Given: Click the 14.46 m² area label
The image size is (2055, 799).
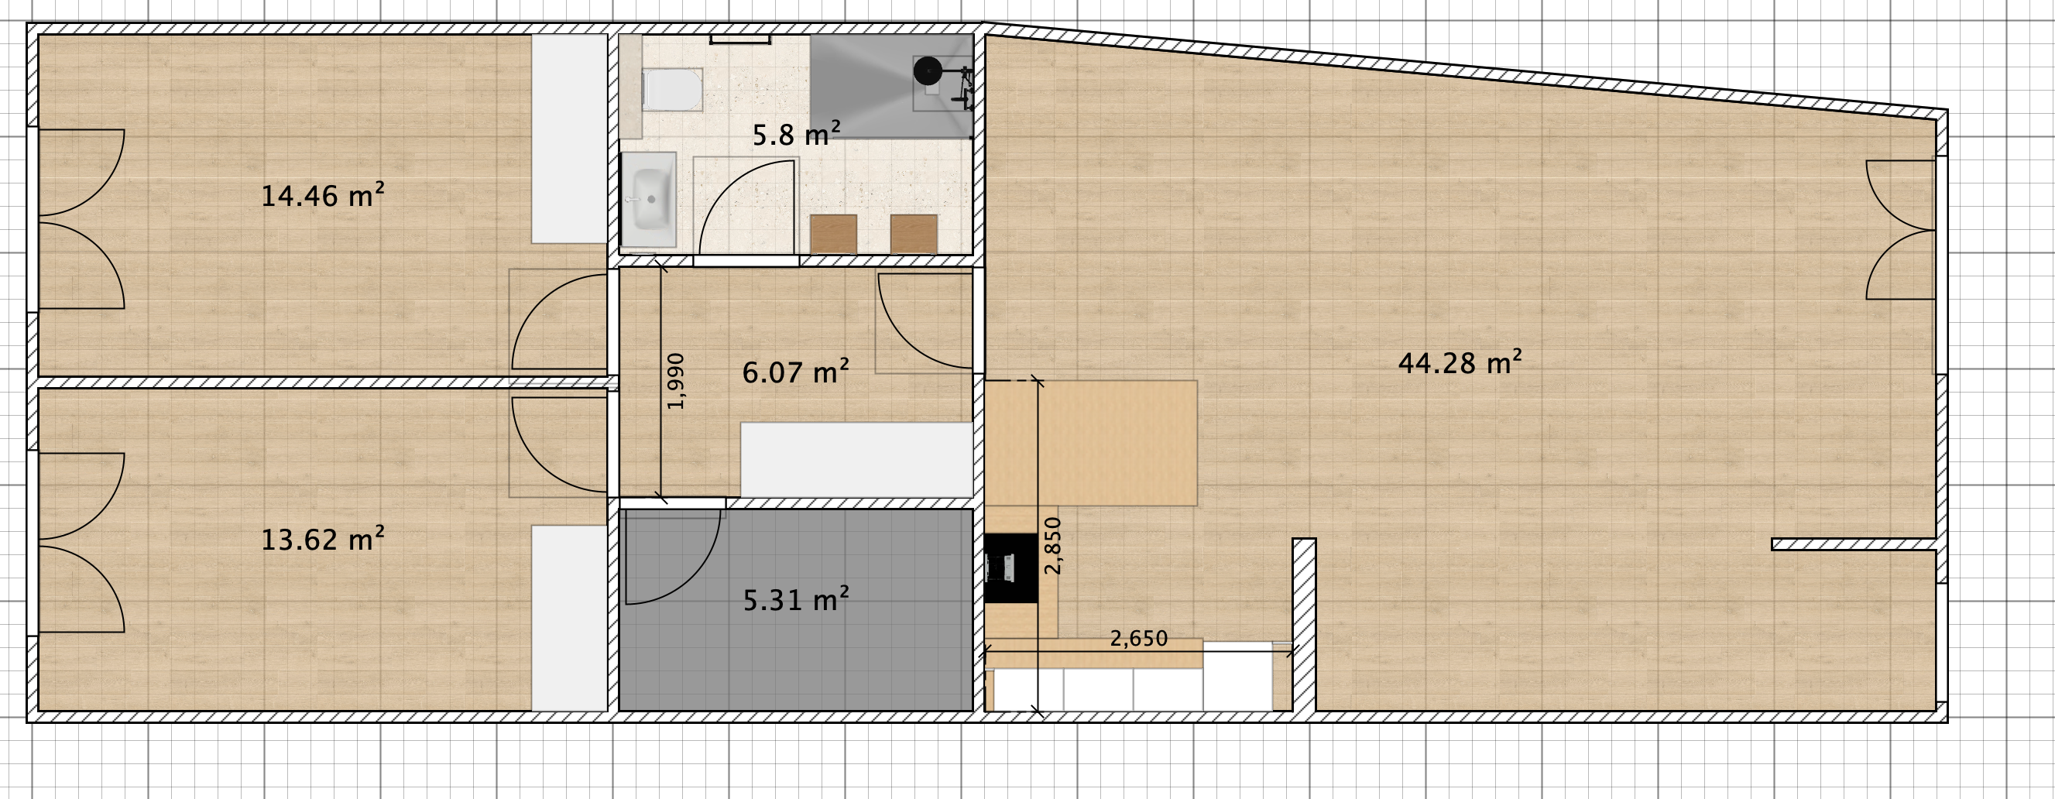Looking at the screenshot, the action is click(x=323, y=195).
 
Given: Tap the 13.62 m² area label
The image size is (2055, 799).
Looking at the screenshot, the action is click(x=323, y=540).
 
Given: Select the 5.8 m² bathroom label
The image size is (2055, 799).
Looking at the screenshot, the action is click(x=796, y=134).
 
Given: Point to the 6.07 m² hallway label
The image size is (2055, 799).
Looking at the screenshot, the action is click(x=795, y=372).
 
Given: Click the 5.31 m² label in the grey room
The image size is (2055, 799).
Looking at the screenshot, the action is click(x=795, y=600).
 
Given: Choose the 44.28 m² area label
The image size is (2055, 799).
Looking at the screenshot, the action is click(x=1460, y=363).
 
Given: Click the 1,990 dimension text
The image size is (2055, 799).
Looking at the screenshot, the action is click(x=676, y=381).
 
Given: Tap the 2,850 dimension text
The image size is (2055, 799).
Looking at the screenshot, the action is click(x=1054, y=545).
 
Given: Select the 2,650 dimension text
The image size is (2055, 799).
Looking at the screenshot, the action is click(x=1138, y=639).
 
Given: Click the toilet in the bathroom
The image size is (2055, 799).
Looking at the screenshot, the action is click(x=673, y=89).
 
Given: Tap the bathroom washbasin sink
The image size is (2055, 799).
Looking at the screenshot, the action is click(x=649, y=199).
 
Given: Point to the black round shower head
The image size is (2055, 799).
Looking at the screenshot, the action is click(x=927, y=71).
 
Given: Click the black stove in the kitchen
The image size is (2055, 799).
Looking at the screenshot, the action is click(x=1010, y=568).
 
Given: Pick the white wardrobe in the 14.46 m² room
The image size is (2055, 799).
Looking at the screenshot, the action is click(x=570, y=139).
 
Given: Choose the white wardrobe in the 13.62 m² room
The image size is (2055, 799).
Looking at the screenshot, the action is click(x=570, y=618).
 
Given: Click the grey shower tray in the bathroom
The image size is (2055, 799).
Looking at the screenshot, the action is click(x=891, y=86).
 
